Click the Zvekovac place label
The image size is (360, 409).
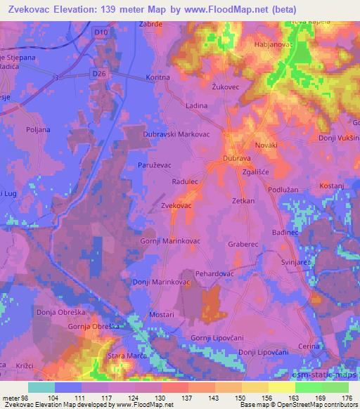[x=176, y=205]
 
